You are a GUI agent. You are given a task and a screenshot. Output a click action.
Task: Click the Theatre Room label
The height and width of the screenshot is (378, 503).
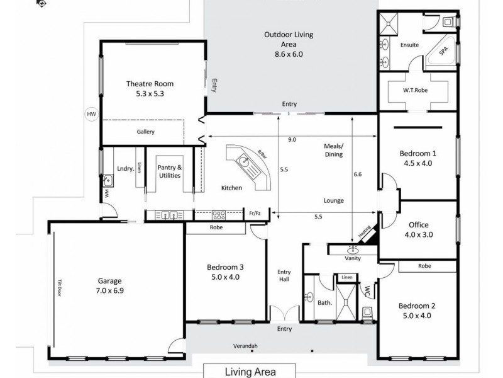[150, 84]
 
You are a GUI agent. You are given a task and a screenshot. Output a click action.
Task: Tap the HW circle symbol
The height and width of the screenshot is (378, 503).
[92, 114]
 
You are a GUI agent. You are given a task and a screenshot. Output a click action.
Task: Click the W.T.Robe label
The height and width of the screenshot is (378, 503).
[416, 89]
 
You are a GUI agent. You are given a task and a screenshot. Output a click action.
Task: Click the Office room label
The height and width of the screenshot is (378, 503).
[418, 224]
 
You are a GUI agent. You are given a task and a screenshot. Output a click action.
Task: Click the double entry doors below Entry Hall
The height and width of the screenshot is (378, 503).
[282, 313]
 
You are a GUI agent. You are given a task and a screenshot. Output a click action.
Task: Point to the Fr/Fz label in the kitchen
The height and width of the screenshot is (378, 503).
[255, 214]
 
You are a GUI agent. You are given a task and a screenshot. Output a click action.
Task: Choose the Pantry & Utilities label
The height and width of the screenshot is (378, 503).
[169, 171]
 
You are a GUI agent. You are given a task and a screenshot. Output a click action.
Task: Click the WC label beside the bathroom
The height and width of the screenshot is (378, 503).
[367, 292]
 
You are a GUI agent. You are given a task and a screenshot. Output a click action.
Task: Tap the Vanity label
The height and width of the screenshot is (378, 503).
[352, 258]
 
